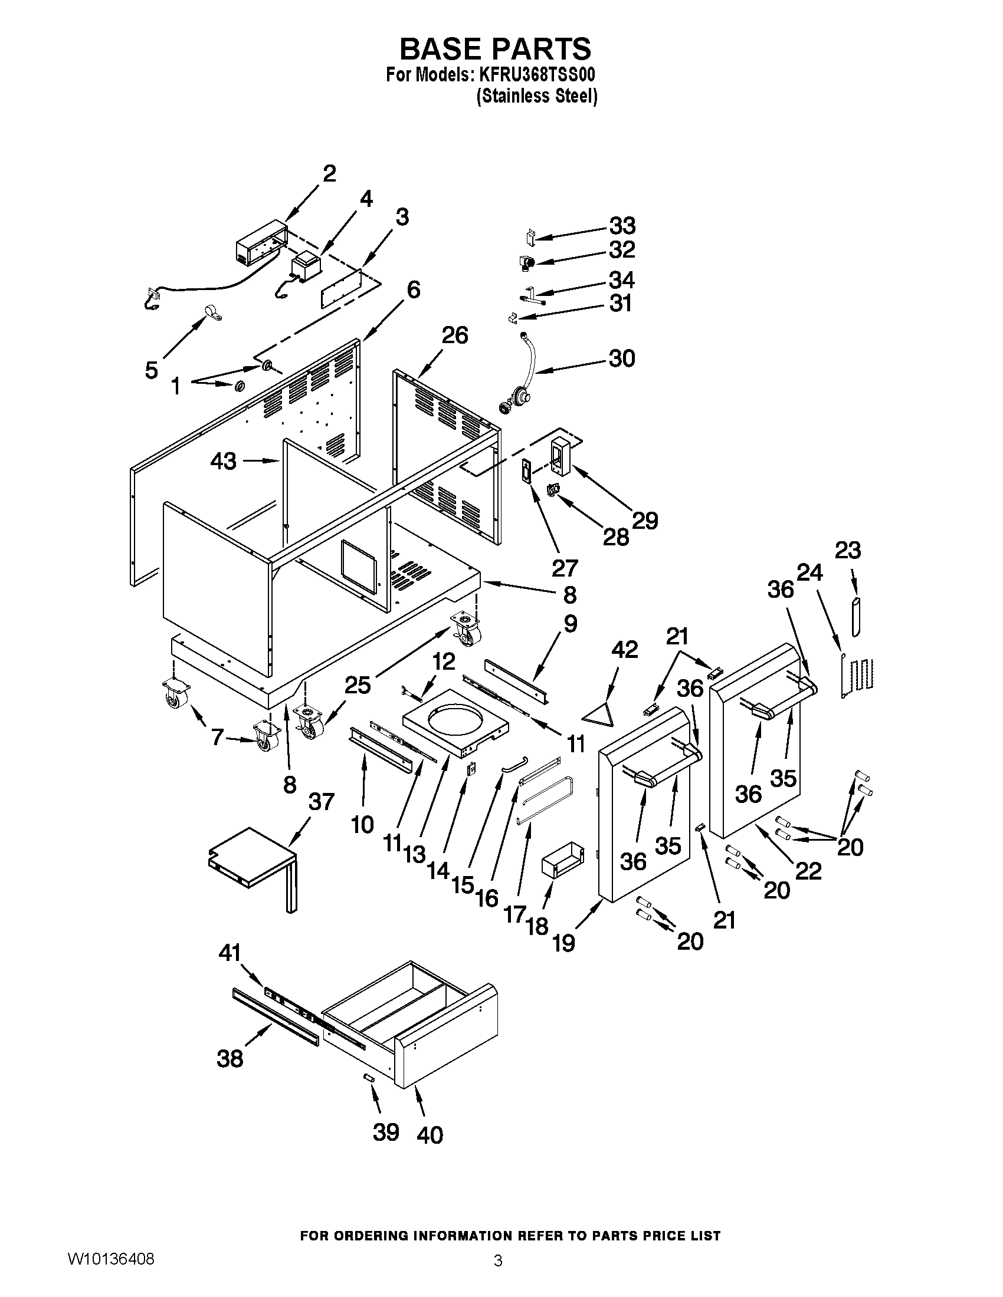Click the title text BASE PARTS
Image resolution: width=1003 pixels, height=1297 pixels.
coord(495,49)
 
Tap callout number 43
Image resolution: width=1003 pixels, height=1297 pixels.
coord(224,461)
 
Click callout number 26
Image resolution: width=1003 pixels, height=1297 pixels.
coord(454,335)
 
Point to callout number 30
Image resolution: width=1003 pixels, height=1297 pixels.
coord(621,358)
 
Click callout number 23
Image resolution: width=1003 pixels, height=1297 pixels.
coord(847,551)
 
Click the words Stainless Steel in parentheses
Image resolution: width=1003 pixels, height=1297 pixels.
coord(536,96)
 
